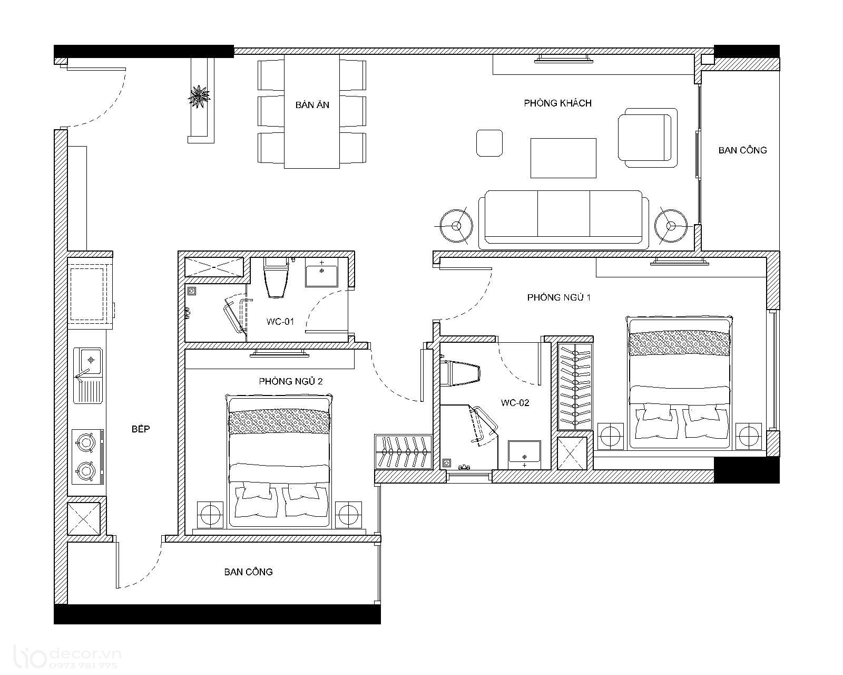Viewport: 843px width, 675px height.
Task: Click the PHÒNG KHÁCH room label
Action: pyautogui.click(x=557, y=103)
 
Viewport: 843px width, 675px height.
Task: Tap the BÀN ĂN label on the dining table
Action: pyautogui.click(x=312, y=105)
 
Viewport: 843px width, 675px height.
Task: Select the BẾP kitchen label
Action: pyautogui.click(x=141, y=429)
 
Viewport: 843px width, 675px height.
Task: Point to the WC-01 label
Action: pyautogui.click(x=280, y=322)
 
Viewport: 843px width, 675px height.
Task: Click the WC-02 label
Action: pyautogui.click(x=515, y=402)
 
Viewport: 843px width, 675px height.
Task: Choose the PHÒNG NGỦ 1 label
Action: pyautogui.click(x=558, y=297)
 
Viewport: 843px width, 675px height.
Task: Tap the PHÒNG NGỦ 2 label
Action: pyautogui.click(x=291, y=381)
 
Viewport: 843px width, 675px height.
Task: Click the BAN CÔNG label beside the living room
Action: pyautogui.click(x=742, y=150)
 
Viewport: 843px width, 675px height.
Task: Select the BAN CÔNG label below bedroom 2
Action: pyautogui.click(x=248, y=572)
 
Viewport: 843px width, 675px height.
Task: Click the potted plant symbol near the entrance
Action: pyautogui.click(x=199, y=97)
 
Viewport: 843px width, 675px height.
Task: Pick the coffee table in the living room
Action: pyautogui.click(x=563, y=158)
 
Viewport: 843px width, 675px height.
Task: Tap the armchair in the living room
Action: pyautogui.click(x=648, y=138)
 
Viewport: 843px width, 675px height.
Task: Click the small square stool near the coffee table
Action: pyautogui.click(x=489, y=143)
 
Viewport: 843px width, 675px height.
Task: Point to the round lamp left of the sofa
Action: pyautogui.click(x=456, y=226)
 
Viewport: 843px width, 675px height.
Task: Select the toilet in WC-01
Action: pyautogui.click(x=276, y=278)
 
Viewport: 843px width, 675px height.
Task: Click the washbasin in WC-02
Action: pyautogui.click(x=525, y=455)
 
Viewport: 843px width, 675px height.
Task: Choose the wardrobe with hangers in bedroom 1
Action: pyautogui.click(x=574, y=387)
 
